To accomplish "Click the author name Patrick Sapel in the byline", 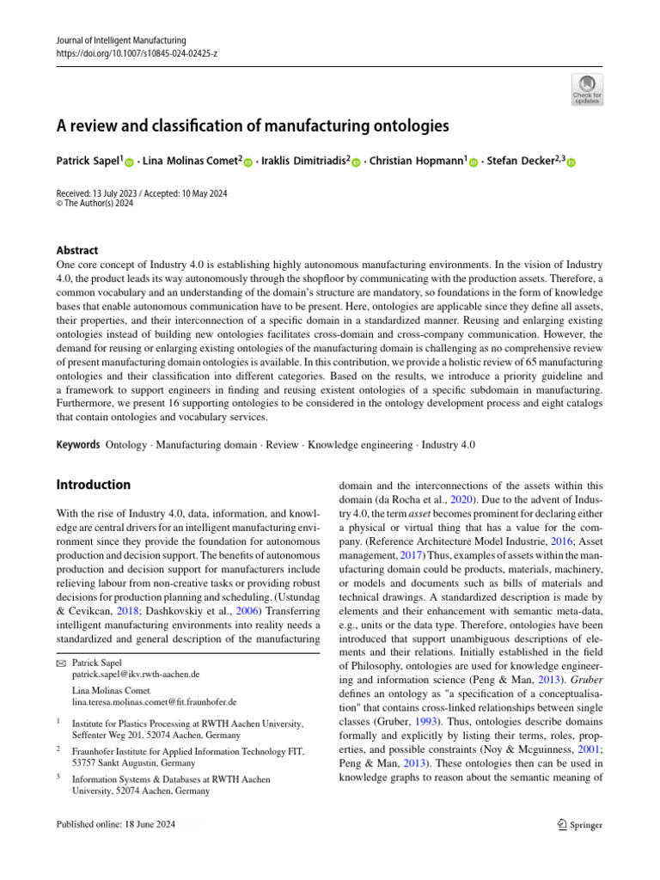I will [x=88, y=162].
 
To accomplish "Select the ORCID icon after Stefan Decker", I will [x=570, y=162].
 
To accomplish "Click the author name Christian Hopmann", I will [x=415, y=162].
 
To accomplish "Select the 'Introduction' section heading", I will [x=93, y=485].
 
